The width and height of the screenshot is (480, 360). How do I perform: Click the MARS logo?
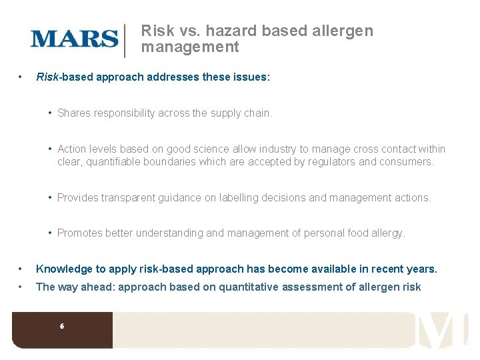[x=74, y=38]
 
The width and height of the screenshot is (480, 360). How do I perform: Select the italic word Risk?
[x=47, y=77]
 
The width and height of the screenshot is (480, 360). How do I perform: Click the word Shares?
[x=74, y=113]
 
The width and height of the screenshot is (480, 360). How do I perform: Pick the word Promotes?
[x=80, y=233]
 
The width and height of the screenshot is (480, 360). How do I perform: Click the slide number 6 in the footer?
[x=62, y=326]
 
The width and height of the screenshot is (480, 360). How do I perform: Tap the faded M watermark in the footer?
[x=443, y=329]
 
